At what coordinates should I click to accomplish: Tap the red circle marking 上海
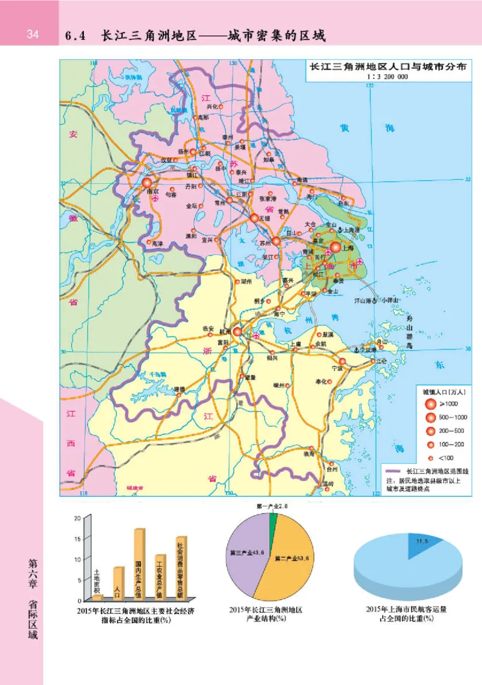(x=336, y=246)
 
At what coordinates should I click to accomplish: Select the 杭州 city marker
(x=239, y=332)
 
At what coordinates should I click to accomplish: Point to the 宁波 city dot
(x=342, y=361)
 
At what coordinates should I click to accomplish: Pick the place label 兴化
(x=211, y=107)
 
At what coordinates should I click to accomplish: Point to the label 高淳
(x=157, y=243)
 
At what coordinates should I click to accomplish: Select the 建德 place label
(x=180, y=389)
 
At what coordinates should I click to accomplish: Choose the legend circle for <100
(x=431, y=458)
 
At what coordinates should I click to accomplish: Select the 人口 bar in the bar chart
(x=118, y=582)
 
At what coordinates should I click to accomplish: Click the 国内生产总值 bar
(x=139, y=563)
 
